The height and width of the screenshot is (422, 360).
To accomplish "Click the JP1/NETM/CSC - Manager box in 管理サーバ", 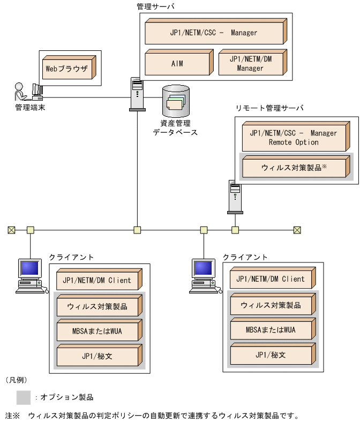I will [x=214, y=33].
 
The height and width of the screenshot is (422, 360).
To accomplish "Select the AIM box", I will [x=177, y=63].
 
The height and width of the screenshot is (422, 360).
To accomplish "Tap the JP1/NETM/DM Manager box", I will [x=251, y=64].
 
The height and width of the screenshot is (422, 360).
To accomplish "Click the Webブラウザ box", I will [x=67, y=69].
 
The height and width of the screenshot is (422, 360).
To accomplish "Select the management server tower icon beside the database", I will [x=137, y=94].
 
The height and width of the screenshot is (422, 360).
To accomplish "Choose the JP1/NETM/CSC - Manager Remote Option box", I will [x=295, y=138].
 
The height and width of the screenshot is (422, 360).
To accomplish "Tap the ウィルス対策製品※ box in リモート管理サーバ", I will [x=295, y=167].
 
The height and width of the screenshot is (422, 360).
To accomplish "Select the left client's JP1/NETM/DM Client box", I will [x=98, y=280].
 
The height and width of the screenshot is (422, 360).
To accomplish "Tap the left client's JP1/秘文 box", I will [x=98, y=355].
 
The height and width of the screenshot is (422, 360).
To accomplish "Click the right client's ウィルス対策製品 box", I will [x=272, y=305].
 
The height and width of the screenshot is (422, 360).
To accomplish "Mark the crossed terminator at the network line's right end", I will [x=297, y=230].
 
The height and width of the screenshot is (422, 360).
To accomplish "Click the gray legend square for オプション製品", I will [x=23, y=397].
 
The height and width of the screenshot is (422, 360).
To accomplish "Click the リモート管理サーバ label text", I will [x=270, y=108].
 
